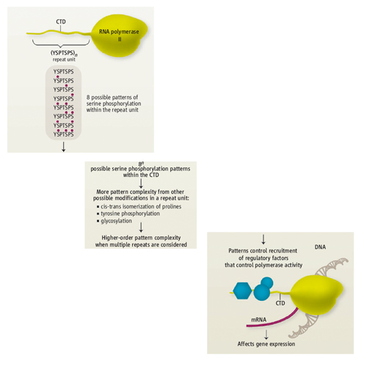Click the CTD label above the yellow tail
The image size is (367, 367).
[61, 22]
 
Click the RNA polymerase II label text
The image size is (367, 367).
[119, 35]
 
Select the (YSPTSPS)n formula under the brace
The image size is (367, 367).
[64, 53]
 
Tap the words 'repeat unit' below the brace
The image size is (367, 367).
[64, 59]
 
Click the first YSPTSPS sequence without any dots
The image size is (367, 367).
[64, 72]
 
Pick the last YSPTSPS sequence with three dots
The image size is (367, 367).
[64, 134]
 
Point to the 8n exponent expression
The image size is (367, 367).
[141, 164]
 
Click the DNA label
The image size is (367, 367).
[320, 247]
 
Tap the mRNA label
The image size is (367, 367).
[258, 319]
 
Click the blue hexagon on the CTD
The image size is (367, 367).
[242, 291]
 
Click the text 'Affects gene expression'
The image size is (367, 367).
[266, 344]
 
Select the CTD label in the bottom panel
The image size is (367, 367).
[280, 303]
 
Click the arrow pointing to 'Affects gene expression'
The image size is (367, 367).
[266, 334]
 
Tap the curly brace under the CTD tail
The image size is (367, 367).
[61, 44]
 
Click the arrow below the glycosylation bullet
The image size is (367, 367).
[141, 227]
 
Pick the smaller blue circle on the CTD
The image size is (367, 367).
[267, 283]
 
